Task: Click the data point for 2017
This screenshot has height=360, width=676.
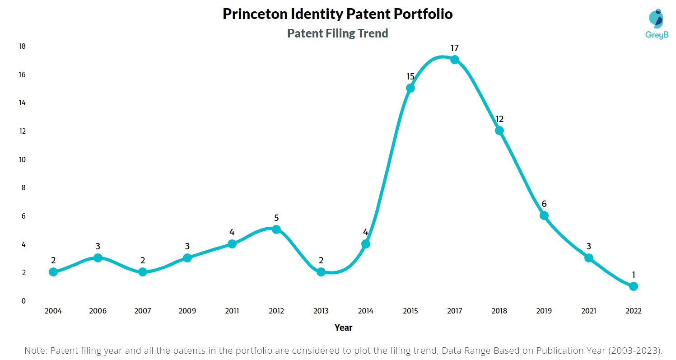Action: click(455, 60)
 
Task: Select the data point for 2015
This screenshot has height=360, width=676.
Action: click(410, 88)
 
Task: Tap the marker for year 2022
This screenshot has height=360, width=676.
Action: click(633, 286)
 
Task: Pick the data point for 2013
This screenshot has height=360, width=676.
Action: click(321, 272)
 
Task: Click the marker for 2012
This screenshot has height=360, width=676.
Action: click(276, 229)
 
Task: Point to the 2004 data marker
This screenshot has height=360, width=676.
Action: click(53, 272)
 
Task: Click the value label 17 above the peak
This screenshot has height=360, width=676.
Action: click(455, 48)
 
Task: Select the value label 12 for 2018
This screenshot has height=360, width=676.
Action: click(499, 119)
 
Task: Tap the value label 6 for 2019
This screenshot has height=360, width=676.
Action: click(544, 204)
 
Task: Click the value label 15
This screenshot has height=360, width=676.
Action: click(410, 77)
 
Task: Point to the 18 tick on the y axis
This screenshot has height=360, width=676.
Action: click(22, 47)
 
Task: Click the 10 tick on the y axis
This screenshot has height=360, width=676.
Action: click(22, 159)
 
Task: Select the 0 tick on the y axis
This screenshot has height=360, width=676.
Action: click(23, 301)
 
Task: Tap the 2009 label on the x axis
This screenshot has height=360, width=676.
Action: click(187, 311)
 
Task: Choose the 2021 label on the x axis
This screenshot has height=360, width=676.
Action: click(588, 311)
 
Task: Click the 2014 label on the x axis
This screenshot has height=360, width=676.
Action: click(366, 311)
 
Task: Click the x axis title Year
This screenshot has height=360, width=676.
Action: click(343, 327)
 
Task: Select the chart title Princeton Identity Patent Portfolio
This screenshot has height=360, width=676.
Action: click(338, 14)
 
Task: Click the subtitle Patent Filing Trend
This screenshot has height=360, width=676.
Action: click(338, 33)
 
